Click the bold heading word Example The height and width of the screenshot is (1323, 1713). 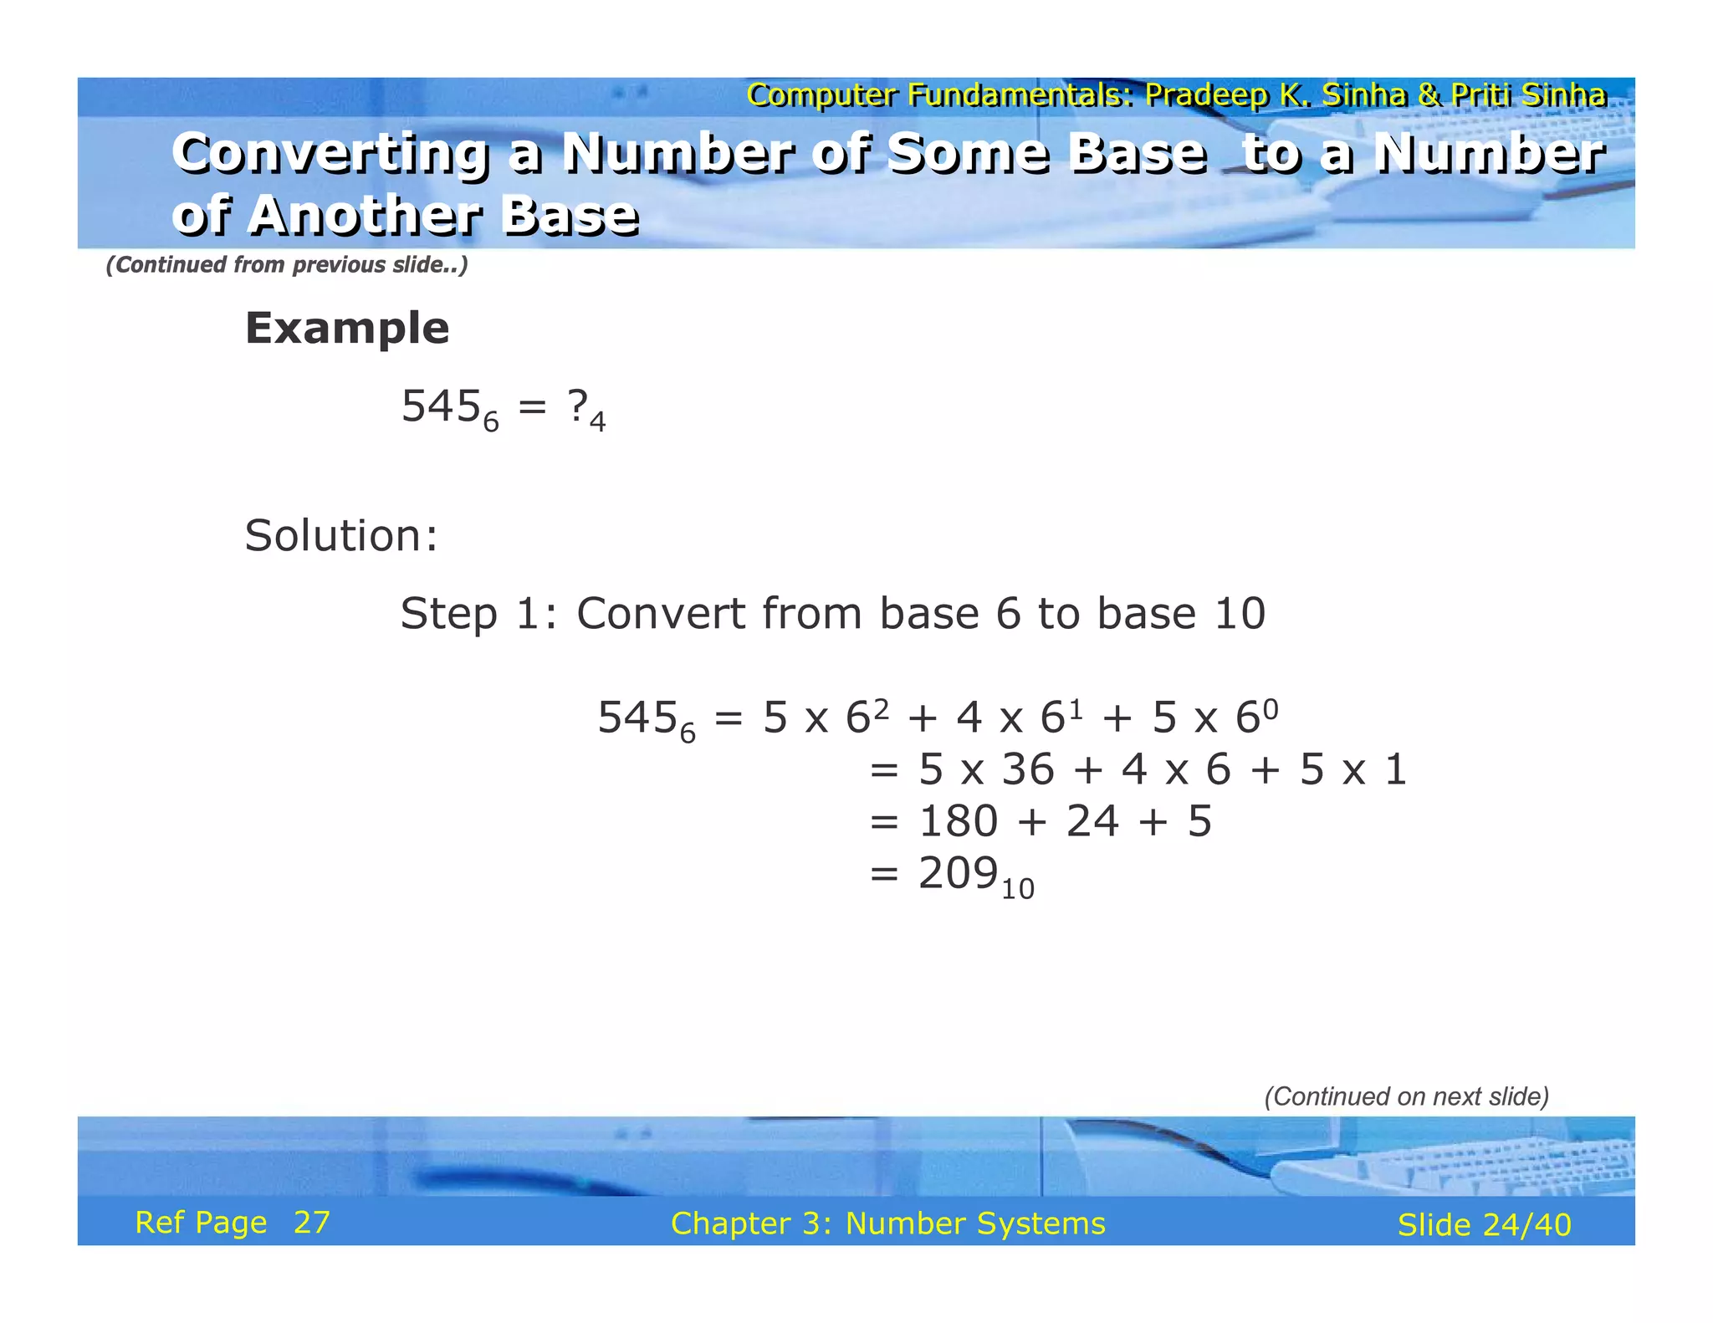pos(346,328)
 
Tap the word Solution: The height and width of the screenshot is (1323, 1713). pos(340,535)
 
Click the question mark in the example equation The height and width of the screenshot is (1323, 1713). pos(576,406)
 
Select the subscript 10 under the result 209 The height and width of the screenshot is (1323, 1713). pos(1017,889)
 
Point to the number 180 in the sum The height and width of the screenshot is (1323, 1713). pos(958,820)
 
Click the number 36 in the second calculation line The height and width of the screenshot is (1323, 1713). pos(1028,769)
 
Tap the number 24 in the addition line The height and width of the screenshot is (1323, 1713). pos(1092,820)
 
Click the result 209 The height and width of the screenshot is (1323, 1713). pos(958,873)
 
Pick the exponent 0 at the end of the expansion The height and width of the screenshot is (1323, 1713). pos(1270,709)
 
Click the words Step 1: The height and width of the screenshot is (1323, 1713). pos(479,614)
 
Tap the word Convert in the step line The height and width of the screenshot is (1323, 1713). pos(661,614)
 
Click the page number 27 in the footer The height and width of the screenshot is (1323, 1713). pos(312,1223)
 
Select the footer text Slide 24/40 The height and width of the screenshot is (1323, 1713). pos(1484,1224)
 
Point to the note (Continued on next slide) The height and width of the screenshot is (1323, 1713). pos(1406,1096)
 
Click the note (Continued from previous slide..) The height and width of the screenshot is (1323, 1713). pos(286,264)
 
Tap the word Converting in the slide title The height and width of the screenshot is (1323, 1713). pos(331,155)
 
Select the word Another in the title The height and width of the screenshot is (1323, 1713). pos(364,216)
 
